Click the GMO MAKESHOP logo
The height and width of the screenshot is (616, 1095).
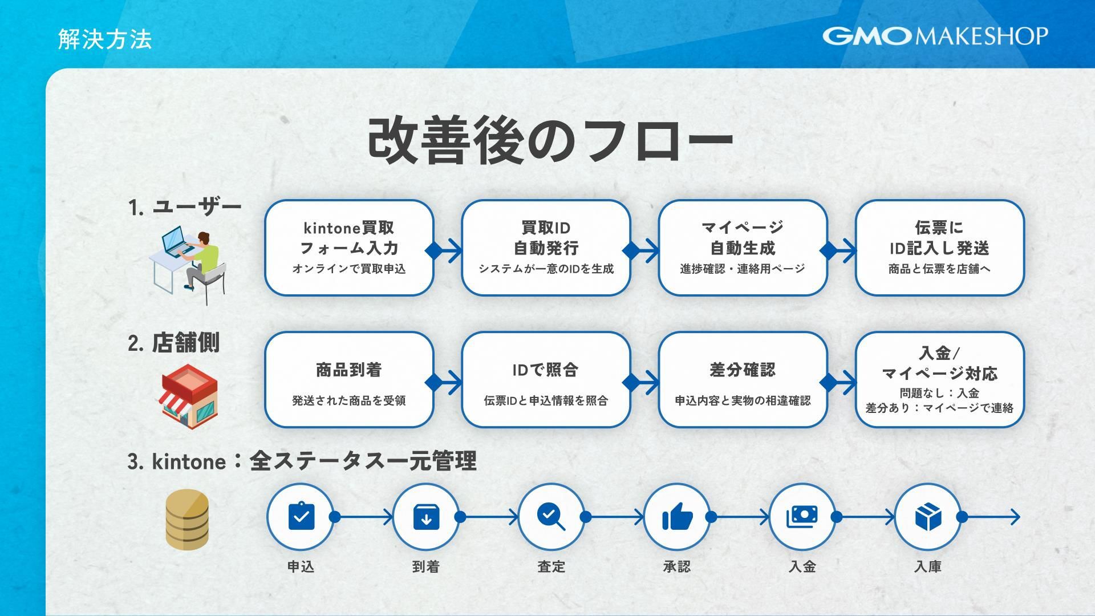[x=935, y=36]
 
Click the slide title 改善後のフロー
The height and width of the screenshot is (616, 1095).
[x=550, y=140]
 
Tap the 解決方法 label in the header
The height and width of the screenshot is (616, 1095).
[x=105, y=39]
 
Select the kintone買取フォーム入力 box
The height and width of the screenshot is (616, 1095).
[x=349, y=248]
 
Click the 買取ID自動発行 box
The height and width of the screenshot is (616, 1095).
[x=546, y=248]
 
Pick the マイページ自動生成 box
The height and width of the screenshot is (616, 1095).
[x=743, y=248]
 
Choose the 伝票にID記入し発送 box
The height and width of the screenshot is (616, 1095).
[x=939, y=248]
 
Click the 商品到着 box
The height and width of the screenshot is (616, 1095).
[x=349, y=379]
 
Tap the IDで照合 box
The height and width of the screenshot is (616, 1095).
[x=546, y=379]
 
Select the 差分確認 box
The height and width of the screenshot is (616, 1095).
[x=743, y=379]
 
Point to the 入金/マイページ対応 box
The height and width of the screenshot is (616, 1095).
[x=939, y=379]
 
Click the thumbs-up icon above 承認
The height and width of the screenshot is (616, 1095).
[x=677, y=517]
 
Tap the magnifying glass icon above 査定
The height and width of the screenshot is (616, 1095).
[x=551, y=517]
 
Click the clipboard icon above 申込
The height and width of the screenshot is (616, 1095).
[x=301, y=517]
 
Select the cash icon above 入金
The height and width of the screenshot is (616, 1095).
[x=802, y=517]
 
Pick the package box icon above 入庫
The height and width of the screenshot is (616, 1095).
[x=927, y=517]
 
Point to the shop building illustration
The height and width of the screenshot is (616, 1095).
[x=188, y=396]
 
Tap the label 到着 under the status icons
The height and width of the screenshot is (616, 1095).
[x=425, y=566]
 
